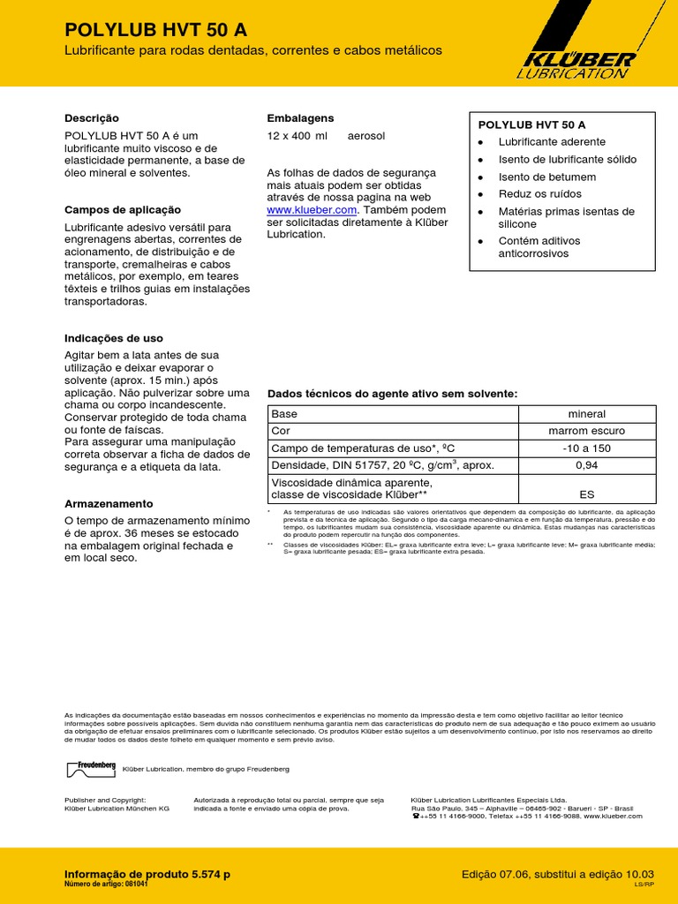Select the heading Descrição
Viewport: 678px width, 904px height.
tap(91, 117)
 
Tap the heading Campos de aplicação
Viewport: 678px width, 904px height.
tap(123, 209)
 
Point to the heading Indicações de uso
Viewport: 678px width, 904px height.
tap(114, 338)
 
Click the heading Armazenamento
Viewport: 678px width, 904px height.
tap(109, 502)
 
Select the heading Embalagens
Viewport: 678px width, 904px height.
tap(300, 117)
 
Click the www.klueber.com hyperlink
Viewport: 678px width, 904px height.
tap(311, 210)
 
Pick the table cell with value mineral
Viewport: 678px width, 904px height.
tap(586, 414)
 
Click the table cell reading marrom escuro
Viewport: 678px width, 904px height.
tap(586, 431)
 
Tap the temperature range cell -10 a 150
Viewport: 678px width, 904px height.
tap(586, 448)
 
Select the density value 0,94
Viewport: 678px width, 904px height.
tap(586, 464)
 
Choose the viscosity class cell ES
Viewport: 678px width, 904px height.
tap(586, 494)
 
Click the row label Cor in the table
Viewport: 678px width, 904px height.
tap(281, 431)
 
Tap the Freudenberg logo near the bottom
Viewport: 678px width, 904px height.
tap(91, 768)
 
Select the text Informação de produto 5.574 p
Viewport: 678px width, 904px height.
tap(147, 874)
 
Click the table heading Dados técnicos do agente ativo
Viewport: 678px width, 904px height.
tap(392, 393)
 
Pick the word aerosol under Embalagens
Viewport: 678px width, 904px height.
tap(365, 136)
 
